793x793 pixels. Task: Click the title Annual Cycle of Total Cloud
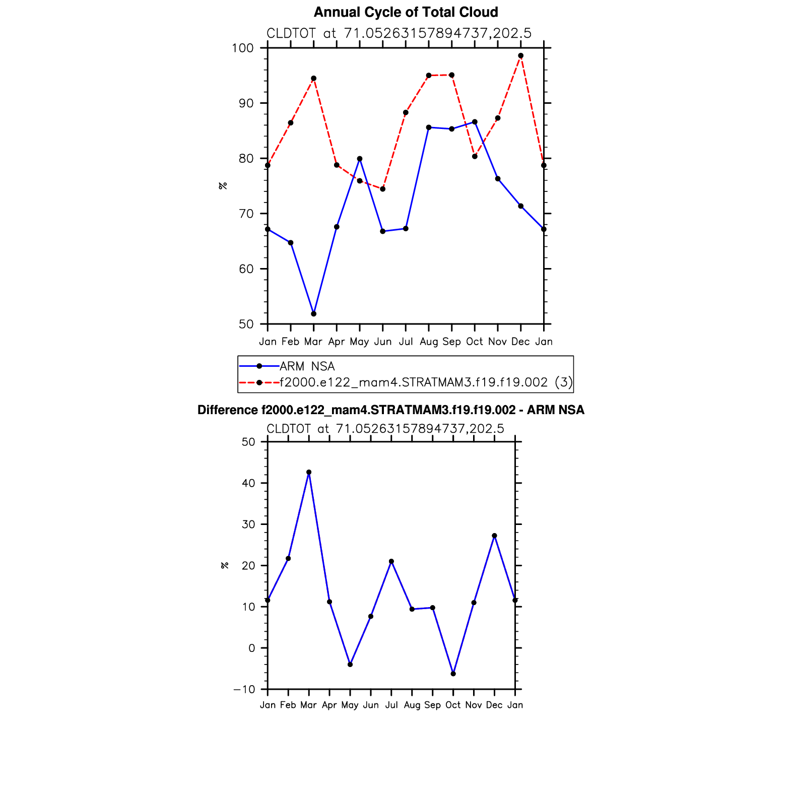pyautogui.click(x=406, y=12)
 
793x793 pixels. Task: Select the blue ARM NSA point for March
pyautogui.click(x=313, y=314)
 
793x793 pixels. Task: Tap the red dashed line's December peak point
pyautogui.click(x=520, y=56)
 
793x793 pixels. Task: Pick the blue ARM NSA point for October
pyautogui.click(x=475, y=122)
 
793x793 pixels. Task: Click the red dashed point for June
pyautogui.click(x=382, y=189)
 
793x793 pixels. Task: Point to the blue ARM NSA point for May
pyautogui.click(x=360, y=159)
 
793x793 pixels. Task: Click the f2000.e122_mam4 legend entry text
pyautogui.click(x=413, y=382)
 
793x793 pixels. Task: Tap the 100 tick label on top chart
pyautogui.click(x=242, y=48)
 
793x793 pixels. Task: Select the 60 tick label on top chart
pyautogui.click(x=246, y=269)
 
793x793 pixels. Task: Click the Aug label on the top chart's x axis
pyautogui.click(x=429, y=342)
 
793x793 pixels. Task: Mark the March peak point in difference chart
pyautogui.click(x=309, y=473)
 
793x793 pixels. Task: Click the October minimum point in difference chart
pyautogui.click(x=453, y=674)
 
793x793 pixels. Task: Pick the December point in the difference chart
pyautogui.click(x=494, y=536)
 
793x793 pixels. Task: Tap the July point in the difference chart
pyautogui.click(x=391, y=561)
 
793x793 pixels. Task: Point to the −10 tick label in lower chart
pyautogui.click(x=244, y=689)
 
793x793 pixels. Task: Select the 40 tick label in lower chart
pyautogui.click(x=248, y=483)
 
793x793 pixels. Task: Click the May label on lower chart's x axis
pyautogui.click(x=350, y=705)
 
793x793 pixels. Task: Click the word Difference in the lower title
pyautogui.click(x=227, y=410)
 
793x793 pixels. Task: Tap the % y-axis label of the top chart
pyautogui.click(x=223, y=185)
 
